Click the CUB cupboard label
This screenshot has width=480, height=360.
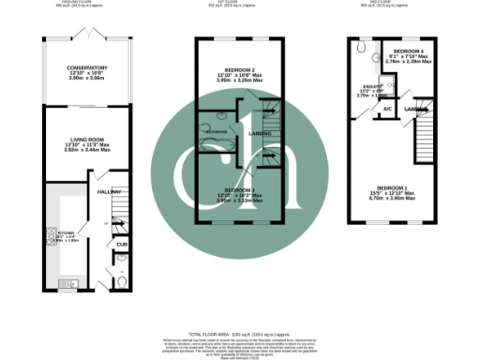tap(121, 245)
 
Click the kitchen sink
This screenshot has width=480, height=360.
tap(67, 281)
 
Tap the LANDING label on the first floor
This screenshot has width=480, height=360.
tap(259, 134)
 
